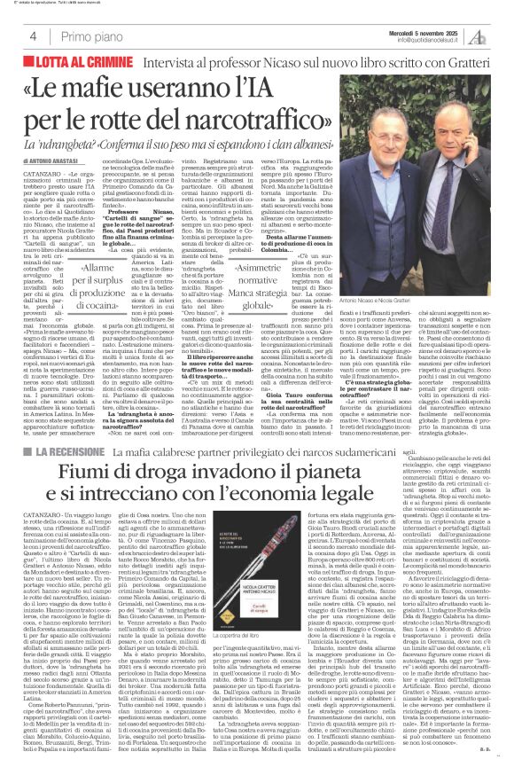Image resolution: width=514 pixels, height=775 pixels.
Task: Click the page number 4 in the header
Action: pyautogui.click(x=33, y=36)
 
